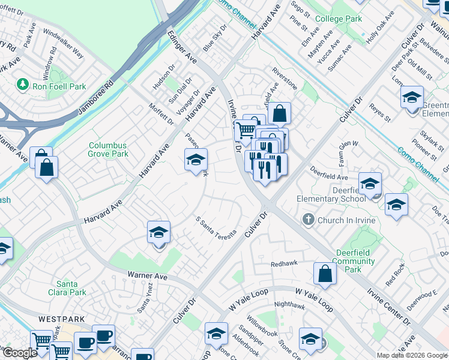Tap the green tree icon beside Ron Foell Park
point(23,85)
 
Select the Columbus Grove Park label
point(108,149)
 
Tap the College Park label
point(339,19)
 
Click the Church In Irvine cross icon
point(309,220)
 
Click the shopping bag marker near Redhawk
point(324,274)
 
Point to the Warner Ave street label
point(147,277)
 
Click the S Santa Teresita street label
point(217,226)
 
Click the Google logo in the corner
point(20,353)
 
